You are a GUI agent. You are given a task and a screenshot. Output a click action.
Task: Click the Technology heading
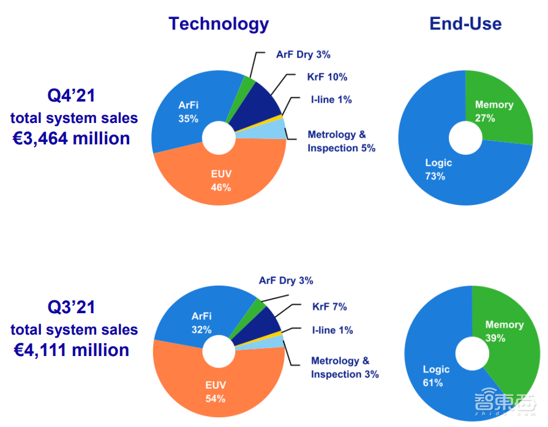[x=219, y=23]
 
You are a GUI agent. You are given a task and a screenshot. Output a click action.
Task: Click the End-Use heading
[x=465, y=23]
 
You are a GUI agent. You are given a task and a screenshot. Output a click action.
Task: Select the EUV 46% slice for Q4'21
[x=220, y=180]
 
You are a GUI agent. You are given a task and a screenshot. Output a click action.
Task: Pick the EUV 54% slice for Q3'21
[x=216, y=392]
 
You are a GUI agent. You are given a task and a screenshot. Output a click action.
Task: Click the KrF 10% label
[x=327, y=77]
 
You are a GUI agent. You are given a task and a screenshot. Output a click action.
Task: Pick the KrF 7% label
[x=329, y=306]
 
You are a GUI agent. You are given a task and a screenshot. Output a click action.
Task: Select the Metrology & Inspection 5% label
[x=341, y=141]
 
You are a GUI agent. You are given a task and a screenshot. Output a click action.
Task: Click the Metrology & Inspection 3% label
[x=345, y=368]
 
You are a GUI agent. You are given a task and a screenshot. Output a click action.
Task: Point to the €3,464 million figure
[x=72, y=138]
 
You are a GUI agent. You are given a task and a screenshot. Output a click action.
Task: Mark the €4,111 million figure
[x=71, y=350]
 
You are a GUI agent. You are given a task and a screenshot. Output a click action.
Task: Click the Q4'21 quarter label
[x=72, y=95]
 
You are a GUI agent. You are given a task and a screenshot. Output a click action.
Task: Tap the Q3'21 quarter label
[x=72, y=307]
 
